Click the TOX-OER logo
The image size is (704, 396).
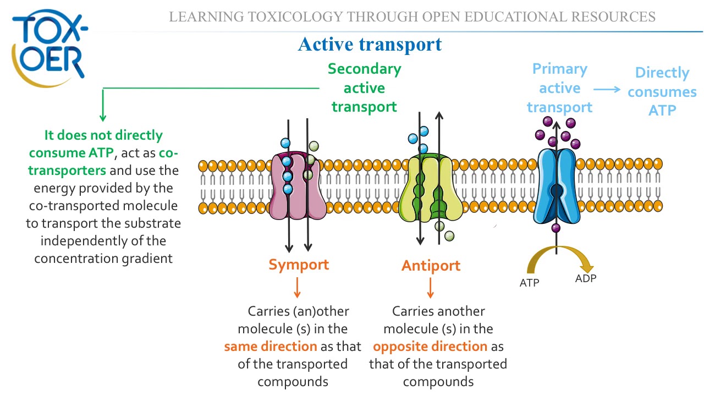point(50,48)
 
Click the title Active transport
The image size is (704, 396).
point(370,45)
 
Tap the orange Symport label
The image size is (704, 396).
point(299,265)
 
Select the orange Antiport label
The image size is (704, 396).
point(431,266)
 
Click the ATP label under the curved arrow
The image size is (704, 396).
point(529,283)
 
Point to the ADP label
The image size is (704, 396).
point(586,278)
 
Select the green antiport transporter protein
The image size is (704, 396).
point(431,188)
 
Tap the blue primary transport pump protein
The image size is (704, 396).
point(557,186)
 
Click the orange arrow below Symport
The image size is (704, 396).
point(297,288)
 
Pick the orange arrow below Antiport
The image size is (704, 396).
point(430,288)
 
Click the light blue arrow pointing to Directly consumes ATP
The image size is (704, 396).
point(607,90)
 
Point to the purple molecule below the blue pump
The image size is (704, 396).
point(555,228)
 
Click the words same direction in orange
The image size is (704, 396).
point(271,346)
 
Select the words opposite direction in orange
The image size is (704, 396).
point(430,346)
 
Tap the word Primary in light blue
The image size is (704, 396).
point(560,69)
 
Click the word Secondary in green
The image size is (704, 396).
point(365,69)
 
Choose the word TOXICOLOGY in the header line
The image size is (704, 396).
point(295,17)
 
